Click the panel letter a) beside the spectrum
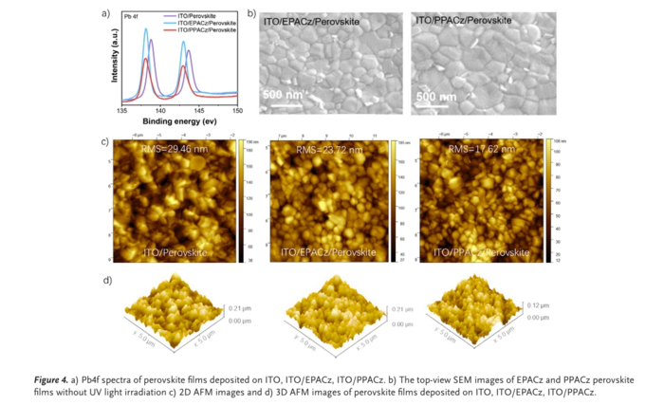tap(104, 14)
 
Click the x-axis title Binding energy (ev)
tap(179, 121)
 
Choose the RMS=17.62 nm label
tap(479, 149)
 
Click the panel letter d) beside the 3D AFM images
tap(106, 281)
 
